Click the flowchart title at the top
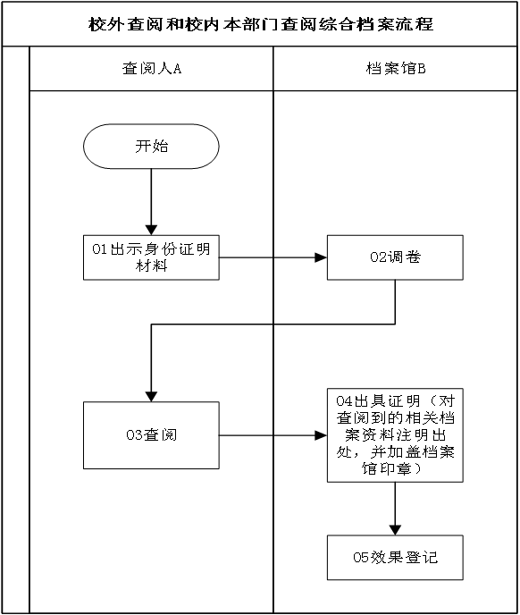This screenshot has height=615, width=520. click(x=260, y=24)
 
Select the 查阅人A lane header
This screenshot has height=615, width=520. click(x=151, y=69)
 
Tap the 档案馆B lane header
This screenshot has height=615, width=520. click(x=395, y=69)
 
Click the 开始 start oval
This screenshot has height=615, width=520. click(x=151, y=147)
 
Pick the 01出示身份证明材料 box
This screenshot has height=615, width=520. click(x=151, y=257)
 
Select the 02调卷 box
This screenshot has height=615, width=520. click(x=395, y=257)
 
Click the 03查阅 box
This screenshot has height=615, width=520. click(x=151, y=435)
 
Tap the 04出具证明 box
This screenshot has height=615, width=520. click(x=395, y=435)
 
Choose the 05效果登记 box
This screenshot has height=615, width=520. click(x=395, y=558)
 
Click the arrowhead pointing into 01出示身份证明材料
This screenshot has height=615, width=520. click(x=151, y=230)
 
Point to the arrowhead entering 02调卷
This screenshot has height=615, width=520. click(x=321, y=257)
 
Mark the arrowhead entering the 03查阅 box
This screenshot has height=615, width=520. click(x=151, y=397)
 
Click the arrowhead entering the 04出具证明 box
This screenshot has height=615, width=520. click(x=321, y=435)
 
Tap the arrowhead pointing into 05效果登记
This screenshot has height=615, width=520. click(x=395, y=530)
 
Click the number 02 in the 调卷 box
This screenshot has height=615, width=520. click(x=379, y=257)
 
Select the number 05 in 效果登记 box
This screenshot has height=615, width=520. click(x=361, y=558)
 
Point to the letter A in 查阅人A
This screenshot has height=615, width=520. click(x=177, y=69)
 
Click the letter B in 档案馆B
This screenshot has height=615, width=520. click(x=422, y=69)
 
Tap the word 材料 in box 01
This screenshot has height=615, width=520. click(x=151, y=265)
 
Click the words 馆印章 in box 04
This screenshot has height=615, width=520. click(x=387, y=468)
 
